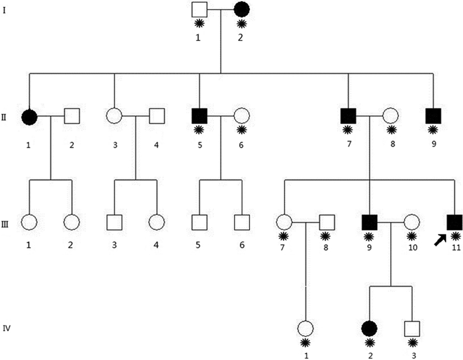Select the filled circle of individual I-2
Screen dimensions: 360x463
[242, 10]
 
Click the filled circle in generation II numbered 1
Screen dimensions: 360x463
[29, 117]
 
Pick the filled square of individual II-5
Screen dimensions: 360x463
[199, 117]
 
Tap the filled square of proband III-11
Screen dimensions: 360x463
[454, 222]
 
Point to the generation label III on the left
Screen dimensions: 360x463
[6, 222]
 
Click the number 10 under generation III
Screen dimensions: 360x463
[411, 248]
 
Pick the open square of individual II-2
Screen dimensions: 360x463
[72, 117]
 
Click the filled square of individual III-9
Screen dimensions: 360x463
[369, 222]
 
